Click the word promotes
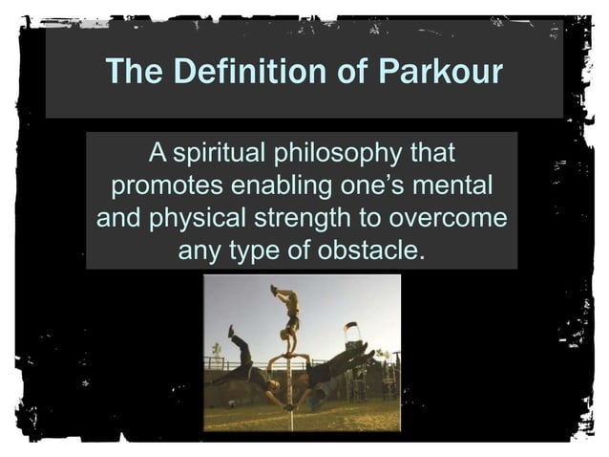pyautogui.click(x=161, y=186)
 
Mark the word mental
pyautogui.click(x=455, y=186)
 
